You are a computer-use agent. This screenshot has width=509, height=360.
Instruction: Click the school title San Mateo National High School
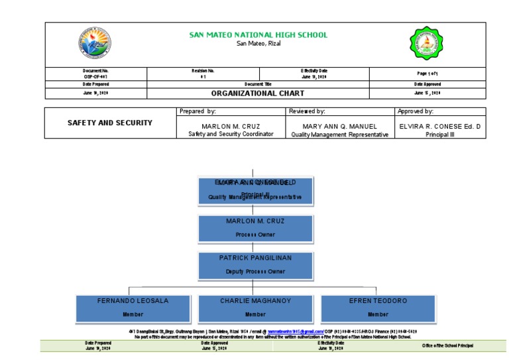(258, 35)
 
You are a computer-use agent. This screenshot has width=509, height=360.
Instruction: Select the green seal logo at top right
(424, 44)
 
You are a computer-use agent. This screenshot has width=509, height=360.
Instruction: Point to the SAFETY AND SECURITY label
(110, 123)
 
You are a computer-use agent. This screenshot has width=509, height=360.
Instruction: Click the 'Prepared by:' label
(198, 111)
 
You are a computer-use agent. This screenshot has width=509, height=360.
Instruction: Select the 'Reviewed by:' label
(307, 111)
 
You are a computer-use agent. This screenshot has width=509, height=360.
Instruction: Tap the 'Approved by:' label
(415, 111)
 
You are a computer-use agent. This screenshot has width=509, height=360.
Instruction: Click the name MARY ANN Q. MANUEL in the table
(339, 126)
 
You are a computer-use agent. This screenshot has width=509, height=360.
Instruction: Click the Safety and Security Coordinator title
(230, 134)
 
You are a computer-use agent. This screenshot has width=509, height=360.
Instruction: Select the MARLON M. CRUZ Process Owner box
(255, 227)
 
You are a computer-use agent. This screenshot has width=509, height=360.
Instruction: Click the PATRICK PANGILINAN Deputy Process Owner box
(255, 265)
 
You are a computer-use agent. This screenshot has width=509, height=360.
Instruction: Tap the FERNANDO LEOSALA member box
(133, 307)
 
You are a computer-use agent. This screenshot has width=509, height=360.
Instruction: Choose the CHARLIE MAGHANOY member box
(255, 307)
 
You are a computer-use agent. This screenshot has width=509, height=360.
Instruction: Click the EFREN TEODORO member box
(378, 307)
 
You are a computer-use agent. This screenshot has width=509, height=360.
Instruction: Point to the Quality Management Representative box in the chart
(255, 190)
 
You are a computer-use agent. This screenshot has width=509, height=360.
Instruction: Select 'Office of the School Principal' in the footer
(448, 345)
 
